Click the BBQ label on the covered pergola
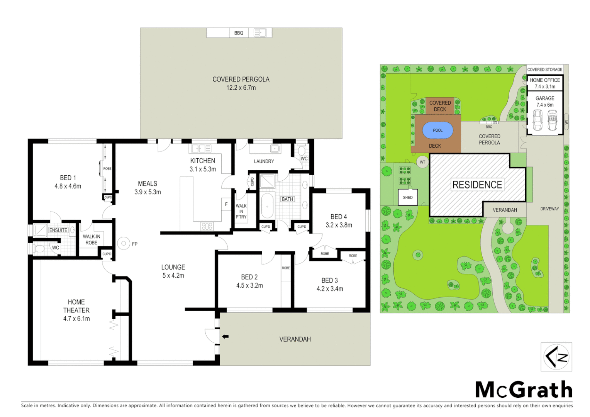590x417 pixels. [239, 33]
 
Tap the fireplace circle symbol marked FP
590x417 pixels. [124, 243]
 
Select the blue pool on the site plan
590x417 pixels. [437, 131]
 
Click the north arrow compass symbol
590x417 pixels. [556, 357]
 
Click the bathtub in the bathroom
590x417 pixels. [267, 206]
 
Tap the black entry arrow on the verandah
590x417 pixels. [225, 337]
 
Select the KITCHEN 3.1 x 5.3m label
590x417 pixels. [203, 165]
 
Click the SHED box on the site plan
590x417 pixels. [408, 197]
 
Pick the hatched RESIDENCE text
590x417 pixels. [477, 185]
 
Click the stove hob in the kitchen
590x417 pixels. [207, 226]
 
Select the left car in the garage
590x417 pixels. [537, 120]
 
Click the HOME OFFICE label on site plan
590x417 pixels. [544, 80]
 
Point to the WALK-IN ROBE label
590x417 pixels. [92, 239]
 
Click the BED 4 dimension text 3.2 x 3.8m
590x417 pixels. [339, 225]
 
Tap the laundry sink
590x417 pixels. [275, 149]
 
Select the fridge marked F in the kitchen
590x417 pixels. [226, 204]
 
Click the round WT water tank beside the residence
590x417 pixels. [422, 162]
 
